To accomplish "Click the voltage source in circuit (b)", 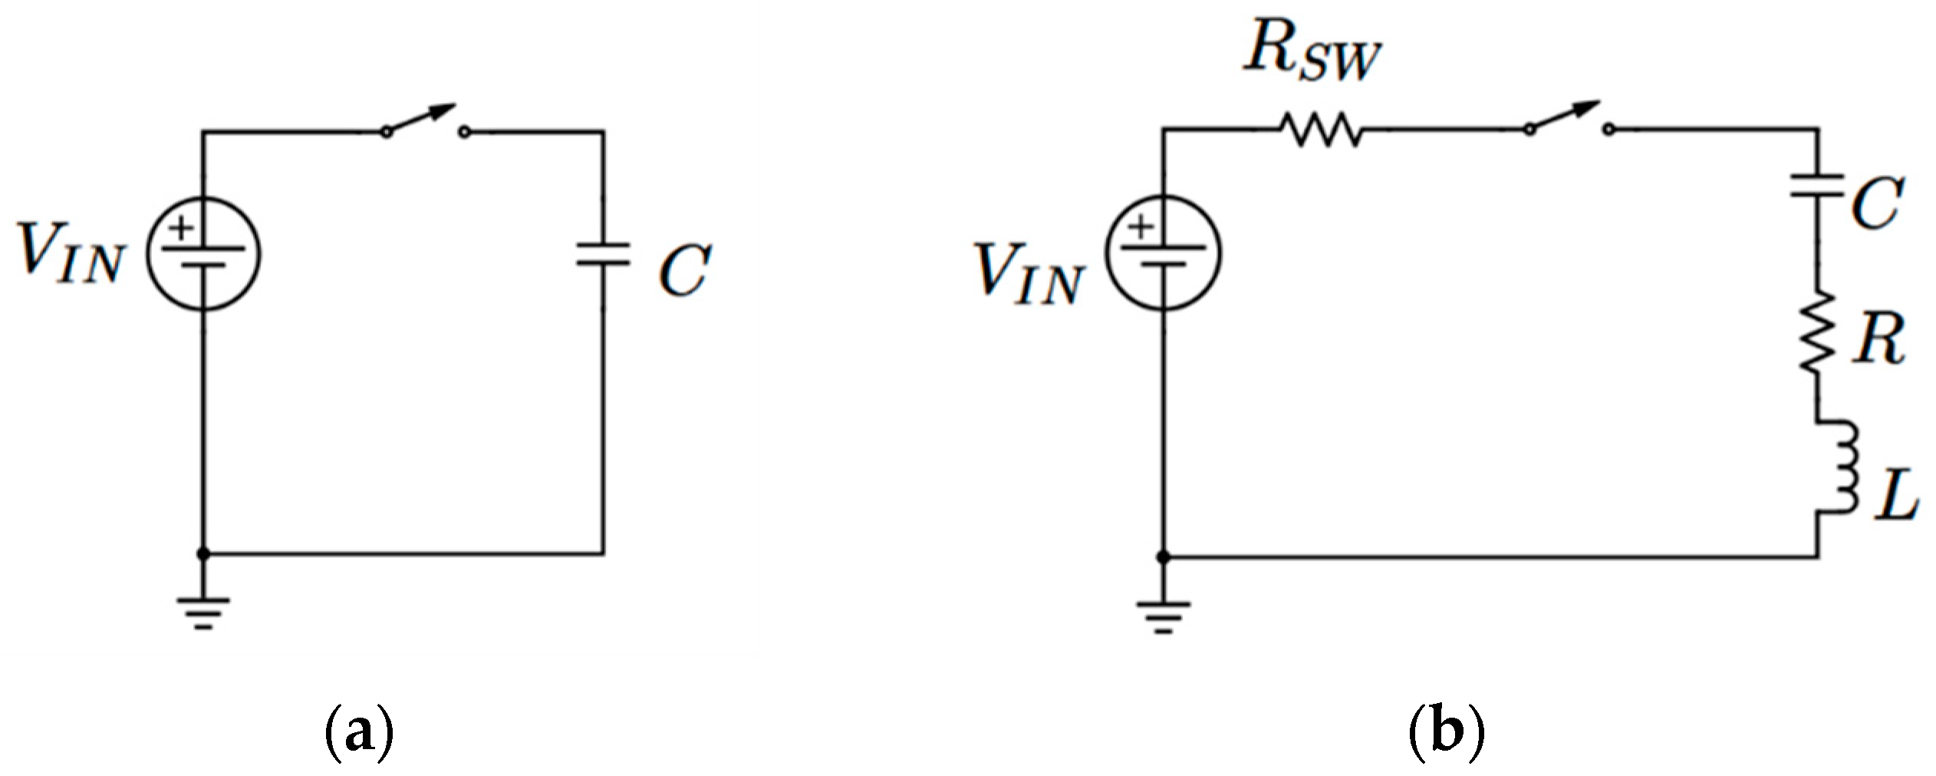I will pos(1164,253).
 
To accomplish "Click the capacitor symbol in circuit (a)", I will pos(604,255).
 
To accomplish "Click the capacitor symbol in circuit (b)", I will pos(1817,187).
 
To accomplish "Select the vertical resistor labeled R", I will pos(1817,332).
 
